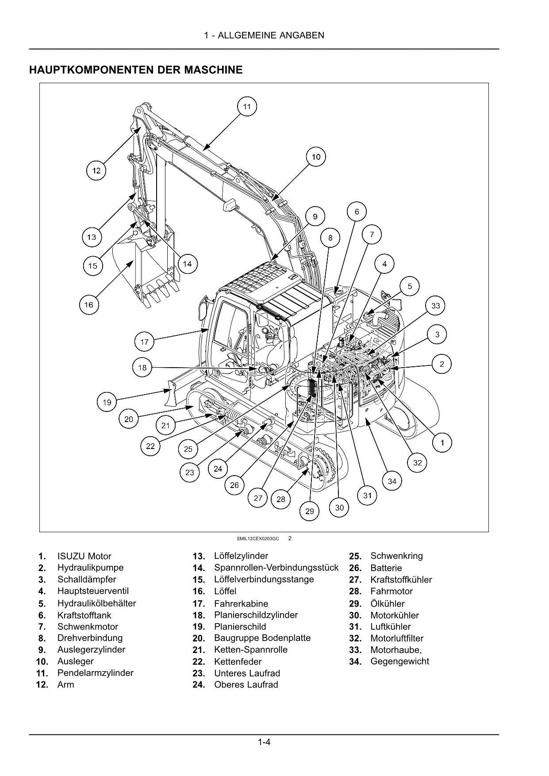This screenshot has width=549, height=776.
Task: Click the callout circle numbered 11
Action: [x=247, y=107]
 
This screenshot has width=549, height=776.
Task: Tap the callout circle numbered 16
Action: [x=89, y=305]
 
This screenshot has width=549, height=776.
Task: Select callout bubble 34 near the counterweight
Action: [x=392, y=481]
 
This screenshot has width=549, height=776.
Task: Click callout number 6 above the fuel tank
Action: [x=357, y=212]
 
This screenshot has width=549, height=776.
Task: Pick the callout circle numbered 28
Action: [x=281, y=499]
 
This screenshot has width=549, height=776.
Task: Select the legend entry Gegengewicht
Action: [x=399, y=661]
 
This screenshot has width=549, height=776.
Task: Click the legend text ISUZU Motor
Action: [x=84, y=557]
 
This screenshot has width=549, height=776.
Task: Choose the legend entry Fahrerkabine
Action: [x=241, y=603]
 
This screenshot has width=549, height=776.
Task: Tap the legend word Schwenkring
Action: [x=396, y=556]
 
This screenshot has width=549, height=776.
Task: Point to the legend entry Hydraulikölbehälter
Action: [x=96, y=603]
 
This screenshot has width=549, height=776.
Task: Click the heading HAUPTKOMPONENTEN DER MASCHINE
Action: [x=136, y=70]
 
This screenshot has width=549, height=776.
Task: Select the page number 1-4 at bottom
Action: [x=264, y=742]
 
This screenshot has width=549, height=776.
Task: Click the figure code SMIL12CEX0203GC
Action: [x=258, y=539]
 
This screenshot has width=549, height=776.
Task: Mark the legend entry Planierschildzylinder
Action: [x=256, y=615]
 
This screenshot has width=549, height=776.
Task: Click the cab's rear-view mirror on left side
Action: [x=204, y=308]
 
